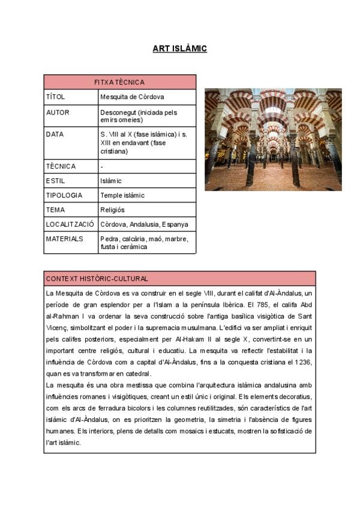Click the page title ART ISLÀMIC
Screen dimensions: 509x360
179,49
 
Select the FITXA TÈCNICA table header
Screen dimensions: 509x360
119,82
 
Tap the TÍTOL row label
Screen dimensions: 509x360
55,97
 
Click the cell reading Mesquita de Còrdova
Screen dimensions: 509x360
132,97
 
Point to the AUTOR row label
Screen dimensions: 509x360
58,112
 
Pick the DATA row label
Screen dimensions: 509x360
55,134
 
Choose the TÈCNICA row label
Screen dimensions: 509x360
61,166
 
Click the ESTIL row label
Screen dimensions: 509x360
55,181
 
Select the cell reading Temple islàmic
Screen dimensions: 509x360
122,195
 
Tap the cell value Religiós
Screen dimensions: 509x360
113,210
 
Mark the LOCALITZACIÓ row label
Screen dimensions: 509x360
70,224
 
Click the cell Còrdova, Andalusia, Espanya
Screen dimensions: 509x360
144,224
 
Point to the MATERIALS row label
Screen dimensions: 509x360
65,239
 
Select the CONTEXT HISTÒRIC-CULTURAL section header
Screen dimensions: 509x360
97,279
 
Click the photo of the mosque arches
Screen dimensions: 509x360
273,140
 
